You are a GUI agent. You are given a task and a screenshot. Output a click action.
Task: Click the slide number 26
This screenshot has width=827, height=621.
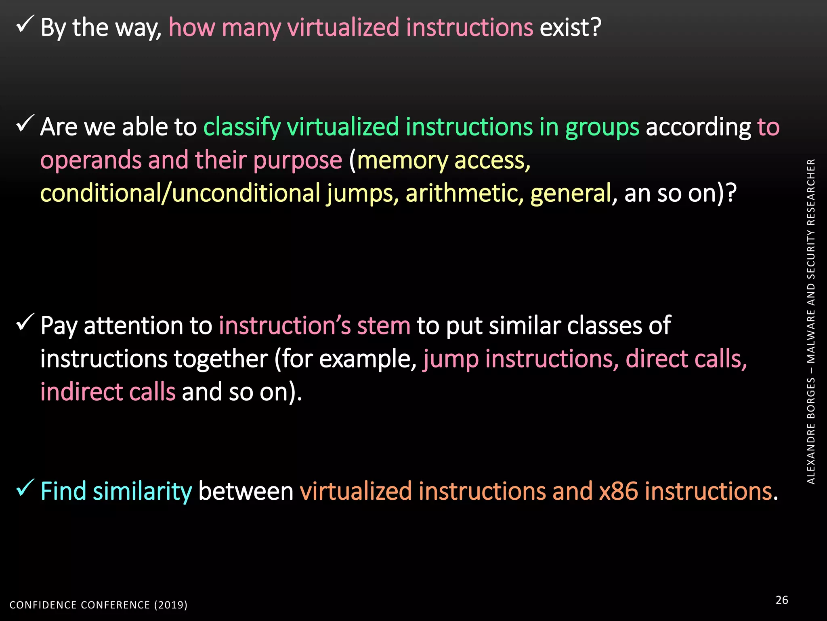point(782,600)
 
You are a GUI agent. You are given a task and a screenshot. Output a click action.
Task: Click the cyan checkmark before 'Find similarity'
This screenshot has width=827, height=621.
point(25,488)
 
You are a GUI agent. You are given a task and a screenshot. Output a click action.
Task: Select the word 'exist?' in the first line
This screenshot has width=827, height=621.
point(570,27)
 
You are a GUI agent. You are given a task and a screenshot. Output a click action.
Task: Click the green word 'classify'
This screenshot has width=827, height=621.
point(242,127)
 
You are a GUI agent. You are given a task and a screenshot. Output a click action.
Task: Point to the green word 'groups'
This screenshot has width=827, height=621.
point(602,128)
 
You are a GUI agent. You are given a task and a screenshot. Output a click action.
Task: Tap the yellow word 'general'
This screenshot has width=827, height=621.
point(571,193)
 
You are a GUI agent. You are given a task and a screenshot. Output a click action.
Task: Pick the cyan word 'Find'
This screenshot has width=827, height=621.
point(63,491)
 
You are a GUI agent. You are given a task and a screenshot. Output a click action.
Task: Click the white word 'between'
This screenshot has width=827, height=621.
point(246,491)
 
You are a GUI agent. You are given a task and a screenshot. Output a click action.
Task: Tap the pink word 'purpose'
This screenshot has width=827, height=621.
point(298,161)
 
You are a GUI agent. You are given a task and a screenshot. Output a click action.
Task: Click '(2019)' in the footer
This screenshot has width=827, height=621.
point(171,605)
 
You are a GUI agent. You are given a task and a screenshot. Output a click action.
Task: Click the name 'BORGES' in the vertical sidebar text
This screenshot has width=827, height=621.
point(811,399)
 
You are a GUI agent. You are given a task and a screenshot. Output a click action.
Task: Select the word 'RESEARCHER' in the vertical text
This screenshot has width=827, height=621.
point(811,192)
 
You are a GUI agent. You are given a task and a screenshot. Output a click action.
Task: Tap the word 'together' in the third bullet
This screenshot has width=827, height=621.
point(221,359)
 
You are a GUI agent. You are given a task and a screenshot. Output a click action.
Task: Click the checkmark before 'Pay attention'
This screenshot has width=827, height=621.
point(25,322)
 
